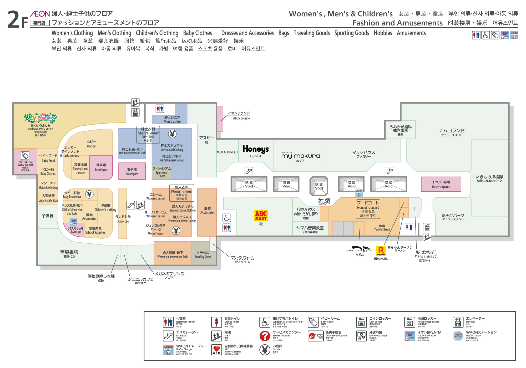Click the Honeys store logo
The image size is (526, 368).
click(x=256, y=149)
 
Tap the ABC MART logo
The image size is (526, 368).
click(x=261, y=216)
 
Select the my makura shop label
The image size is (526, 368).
click(x=300, y=156)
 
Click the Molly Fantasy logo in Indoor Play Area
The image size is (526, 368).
click(x=40, y=118)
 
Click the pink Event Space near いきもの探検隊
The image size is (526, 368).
click(x=441, y=184)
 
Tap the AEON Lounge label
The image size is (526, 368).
click(x=239, y=115)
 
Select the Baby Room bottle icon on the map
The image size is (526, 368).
click(x=25, y=155)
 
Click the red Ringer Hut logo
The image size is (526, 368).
click(x=381, y=251)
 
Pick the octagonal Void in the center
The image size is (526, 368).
click(x=319, y=186)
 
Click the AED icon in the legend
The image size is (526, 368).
click(x=216, y=350)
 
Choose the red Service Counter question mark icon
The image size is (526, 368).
click(x=265, y=336)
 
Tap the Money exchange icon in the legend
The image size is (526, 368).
click(x=361, y=336)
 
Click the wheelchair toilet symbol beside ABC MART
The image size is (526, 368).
click(x=227, y=218)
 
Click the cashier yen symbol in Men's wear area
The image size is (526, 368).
click(x=172, y=134)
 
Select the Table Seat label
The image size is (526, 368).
click(x=382, y=228)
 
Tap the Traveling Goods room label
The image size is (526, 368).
click(x=203, y=255)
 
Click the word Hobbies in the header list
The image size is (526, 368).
click(x=383, y=33)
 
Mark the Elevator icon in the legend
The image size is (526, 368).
click(x=458, y=322)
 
